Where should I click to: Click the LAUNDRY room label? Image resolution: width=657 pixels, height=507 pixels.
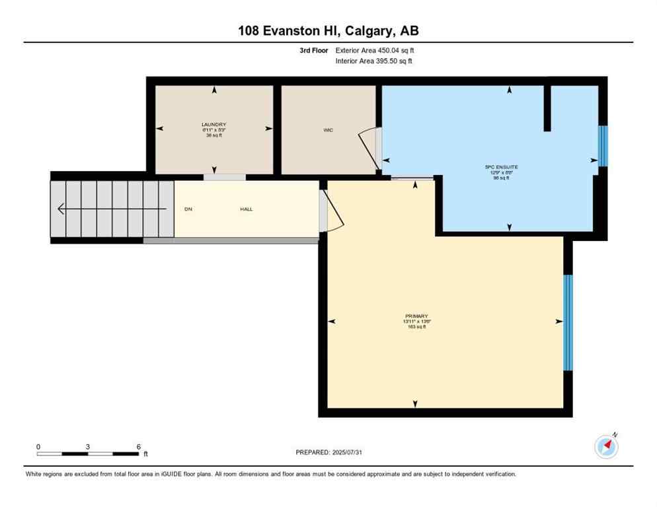213,125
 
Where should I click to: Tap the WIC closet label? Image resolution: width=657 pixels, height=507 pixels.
328,130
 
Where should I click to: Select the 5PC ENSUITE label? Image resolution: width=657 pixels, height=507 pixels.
502,167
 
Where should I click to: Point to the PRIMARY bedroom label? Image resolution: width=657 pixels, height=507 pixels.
416,316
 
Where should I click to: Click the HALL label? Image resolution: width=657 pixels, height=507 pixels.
246,209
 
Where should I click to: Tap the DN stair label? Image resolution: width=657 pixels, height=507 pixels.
188,209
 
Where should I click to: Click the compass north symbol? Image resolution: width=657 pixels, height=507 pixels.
606,447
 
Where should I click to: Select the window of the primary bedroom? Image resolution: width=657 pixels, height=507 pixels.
567,323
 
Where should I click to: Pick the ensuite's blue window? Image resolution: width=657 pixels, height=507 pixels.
602,146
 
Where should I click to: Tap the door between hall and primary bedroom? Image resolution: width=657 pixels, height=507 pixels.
332,211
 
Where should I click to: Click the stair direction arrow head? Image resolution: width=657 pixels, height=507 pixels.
61,209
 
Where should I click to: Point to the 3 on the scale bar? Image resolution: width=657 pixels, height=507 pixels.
88,446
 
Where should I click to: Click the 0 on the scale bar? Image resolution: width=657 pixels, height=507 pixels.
38,446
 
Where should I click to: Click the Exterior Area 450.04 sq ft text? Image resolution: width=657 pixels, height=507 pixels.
375,50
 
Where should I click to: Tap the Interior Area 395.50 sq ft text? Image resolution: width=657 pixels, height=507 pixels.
374,61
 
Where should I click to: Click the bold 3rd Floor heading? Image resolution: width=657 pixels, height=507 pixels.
313,50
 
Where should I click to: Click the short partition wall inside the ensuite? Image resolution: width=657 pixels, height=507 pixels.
547,108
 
